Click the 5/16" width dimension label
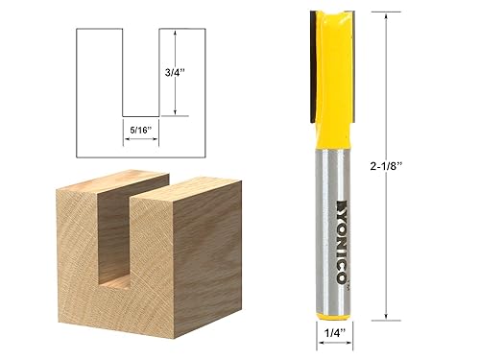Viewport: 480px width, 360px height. tap(140, 124)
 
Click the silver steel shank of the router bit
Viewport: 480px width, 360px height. tap(333, 211)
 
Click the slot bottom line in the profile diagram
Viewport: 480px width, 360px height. tap(140, 115)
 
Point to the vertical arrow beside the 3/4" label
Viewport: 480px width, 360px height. tap(176, 71)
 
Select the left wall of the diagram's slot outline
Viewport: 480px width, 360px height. tap(123, 72)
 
